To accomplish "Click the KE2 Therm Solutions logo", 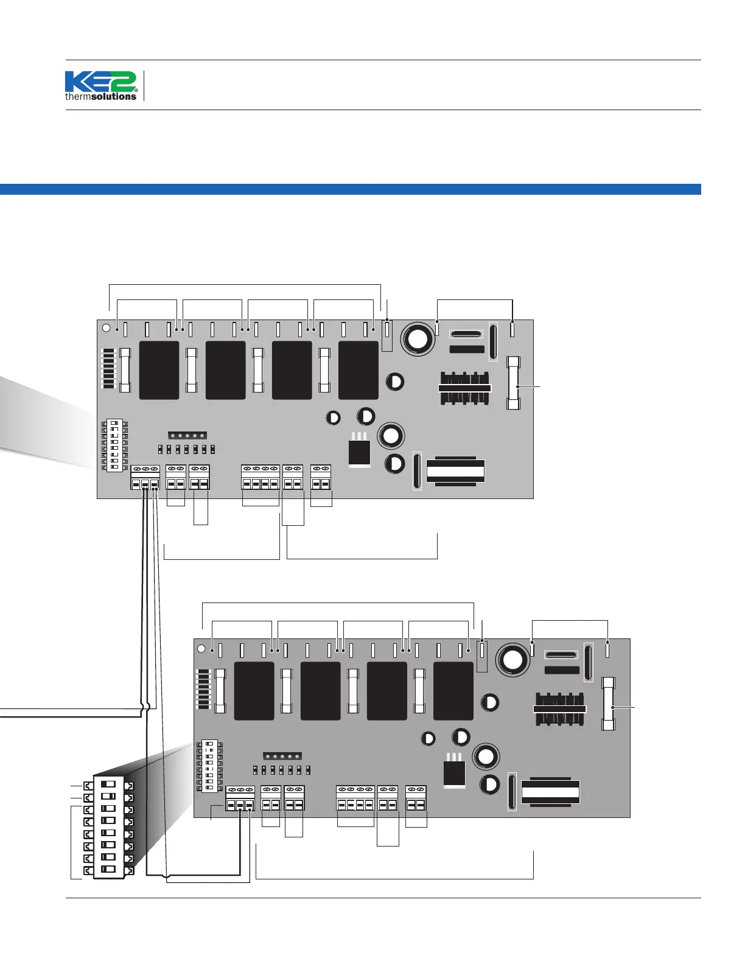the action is point(101,86).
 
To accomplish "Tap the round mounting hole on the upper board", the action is point(106,328).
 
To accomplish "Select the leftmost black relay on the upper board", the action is point(159,370).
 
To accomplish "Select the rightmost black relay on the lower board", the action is point(453,691).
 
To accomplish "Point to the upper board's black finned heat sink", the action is point(465,388).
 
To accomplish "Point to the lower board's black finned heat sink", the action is point(559,708).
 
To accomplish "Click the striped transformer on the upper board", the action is point(455,471).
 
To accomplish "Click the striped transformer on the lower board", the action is point(550,792).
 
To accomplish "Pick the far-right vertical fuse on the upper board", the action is point(513,383).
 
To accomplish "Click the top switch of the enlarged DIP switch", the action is point(108,784).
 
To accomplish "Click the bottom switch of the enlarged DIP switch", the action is point(108,870).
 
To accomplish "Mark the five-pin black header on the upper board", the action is point(187,436).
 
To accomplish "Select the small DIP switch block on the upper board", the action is point(114,445).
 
